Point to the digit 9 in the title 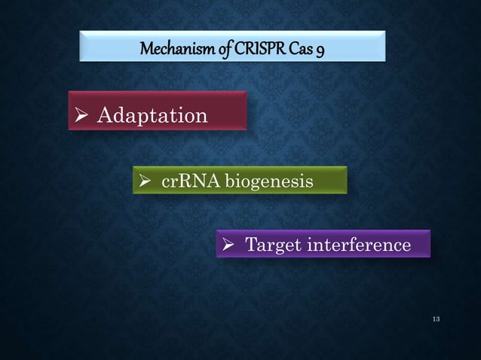click(x=322, y=51)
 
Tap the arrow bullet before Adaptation click(x=84, y=116)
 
